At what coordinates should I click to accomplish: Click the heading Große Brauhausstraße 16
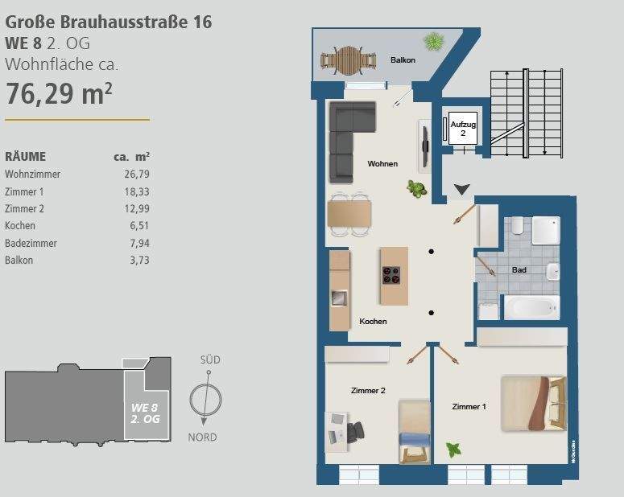point(109,22)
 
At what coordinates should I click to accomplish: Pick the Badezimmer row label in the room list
point(31,243)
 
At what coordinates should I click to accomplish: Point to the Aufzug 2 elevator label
point(463,129)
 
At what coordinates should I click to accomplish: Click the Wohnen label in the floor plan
point(382,164)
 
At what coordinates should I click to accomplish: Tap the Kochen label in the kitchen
point(373,322)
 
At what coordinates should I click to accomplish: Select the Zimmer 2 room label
point(368,391)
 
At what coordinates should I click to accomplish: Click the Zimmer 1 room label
point(469,407)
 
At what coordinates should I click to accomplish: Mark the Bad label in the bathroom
point(519,270)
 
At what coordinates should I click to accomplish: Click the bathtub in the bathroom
point(531,307)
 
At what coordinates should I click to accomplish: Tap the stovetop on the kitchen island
point(391,275)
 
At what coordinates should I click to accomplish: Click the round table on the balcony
point(349,60)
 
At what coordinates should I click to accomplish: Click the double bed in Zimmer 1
point(533,401)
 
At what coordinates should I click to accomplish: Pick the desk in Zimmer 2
point(337,430)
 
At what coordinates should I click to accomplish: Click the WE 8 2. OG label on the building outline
point(146,413)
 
